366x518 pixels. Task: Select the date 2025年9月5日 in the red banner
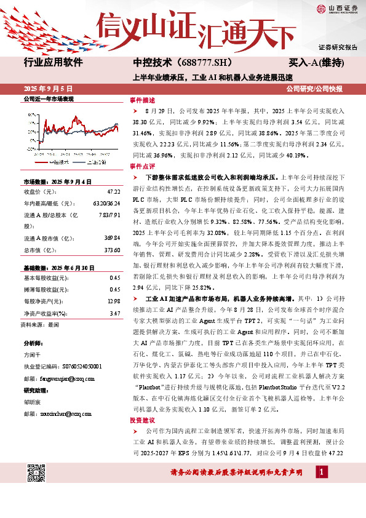(46, 89)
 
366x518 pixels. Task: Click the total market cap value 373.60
(111, 251)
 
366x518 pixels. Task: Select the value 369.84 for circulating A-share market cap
(111, 238)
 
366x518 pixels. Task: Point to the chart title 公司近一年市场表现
(48, 98)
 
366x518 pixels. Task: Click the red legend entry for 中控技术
(56, 162)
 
